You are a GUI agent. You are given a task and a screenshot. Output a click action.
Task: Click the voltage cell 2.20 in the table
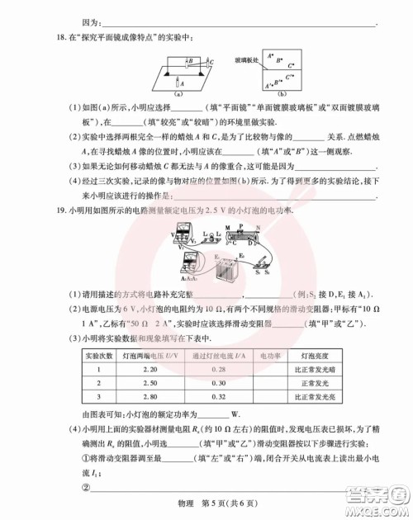point(150,369)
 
